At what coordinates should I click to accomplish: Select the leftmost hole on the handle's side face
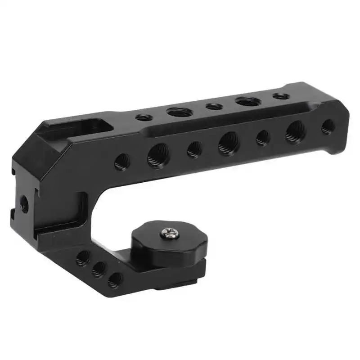pyautogui.click(x=122, y=162)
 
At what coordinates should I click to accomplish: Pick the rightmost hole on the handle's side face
pyautogui.click(x=328, y=126)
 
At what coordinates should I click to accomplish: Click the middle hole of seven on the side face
pyautogui.click(x=229, y=144)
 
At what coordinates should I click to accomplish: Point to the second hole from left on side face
pyautogui.click(x=158, y=155)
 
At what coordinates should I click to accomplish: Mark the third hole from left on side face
pyautogui.click(x=194, y=149)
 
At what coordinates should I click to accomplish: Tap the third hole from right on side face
pyautogui.click(x=263, y=138)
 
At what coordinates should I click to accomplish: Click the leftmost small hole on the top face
pyautogui.click(x=144, y=118)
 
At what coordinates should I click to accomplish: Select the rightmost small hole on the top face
pyautogui.click(x=280, y=96)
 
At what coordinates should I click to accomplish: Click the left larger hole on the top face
pyautogui.click(x=179, y=112)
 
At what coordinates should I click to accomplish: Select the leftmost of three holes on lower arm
pyautogui.click(x=83, y=258)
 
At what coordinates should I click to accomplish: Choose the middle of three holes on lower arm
pyautogui.click(x=99, y=269)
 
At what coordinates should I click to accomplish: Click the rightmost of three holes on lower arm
pyautogui.click(x=115, y=280)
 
